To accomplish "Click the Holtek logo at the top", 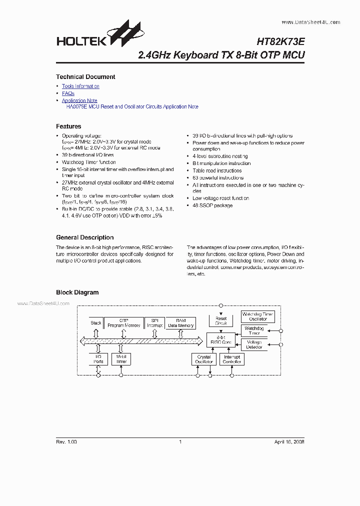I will pos(99,35).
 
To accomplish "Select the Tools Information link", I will pos(80,86).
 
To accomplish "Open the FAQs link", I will pos(68,93).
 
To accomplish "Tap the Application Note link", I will pos(79,100).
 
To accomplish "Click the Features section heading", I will pos(68,126).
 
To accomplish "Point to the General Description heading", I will pos(84,237).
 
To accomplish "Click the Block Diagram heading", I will pos(77,292).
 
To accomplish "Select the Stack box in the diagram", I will pos(96,323).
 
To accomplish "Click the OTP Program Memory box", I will pos(124,323).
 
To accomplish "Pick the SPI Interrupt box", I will pos(154,323).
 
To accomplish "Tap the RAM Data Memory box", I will pos(180,323).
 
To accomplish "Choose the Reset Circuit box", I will pos(221,320).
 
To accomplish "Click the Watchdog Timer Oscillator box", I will pos(257,316).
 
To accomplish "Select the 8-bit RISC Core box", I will pos(221,340).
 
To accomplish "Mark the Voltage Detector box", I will pos(254,344).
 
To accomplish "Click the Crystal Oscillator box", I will pos(204,359).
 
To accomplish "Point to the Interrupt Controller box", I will pos(231,359).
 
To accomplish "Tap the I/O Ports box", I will pos(98,358).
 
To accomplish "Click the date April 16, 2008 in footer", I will pos(289,442).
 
